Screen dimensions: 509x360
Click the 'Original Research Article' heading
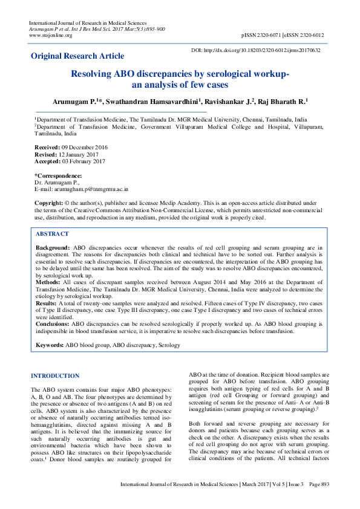(x=77, y=56)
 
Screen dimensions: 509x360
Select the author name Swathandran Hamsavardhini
(x=157, y=102)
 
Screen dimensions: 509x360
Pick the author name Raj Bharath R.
(x=283, y=102)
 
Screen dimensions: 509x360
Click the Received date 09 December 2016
(x=82, y=147)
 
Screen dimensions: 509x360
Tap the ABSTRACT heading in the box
(x=52, y=233)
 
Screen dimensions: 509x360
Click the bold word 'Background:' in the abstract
(x=53, y=248)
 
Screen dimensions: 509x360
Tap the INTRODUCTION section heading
(x=54, y=375)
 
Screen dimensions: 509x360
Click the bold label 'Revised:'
(x=45, y=154)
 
